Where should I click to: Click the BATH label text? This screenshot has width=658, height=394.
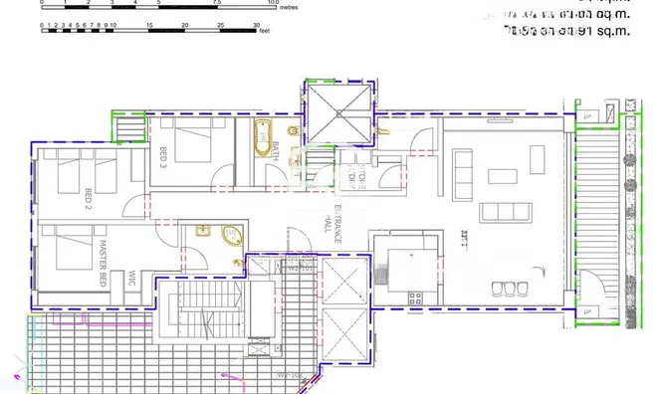pyautogui.click(x=275, y=150)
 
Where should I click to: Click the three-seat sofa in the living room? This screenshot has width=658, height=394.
pyautogui.click(x=502, y=212)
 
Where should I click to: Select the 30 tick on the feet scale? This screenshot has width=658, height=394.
pyautogui.click(x=257, y=24)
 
